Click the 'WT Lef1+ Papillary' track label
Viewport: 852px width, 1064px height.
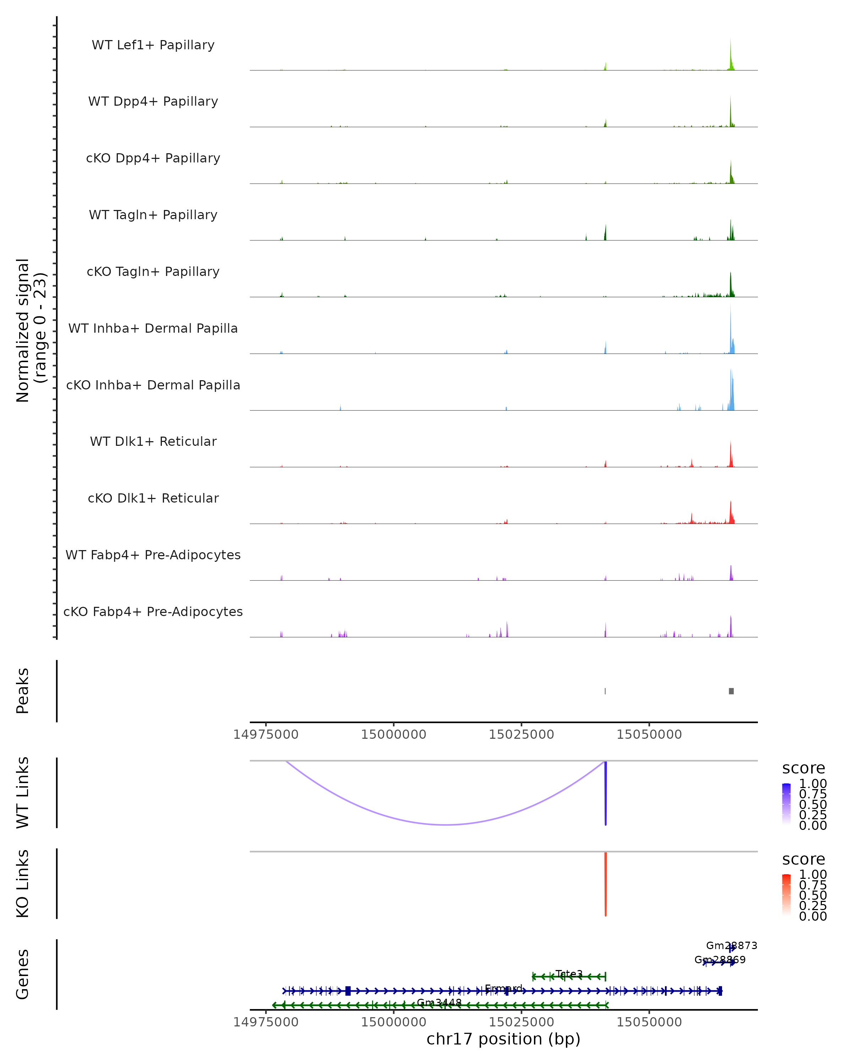coord(153,45)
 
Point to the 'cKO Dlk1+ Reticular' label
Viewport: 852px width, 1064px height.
coord(153,498)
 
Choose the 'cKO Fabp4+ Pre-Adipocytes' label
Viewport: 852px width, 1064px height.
coord(153,611)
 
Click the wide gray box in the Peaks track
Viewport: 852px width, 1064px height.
coord(732,691)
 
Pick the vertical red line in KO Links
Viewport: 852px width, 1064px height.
coord(606,884)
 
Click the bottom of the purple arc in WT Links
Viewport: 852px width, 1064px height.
coord(446,825)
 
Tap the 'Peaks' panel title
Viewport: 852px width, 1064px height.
coord(23,691)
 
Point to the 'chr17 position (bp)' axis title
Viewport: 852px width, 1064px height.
coord(503,1039)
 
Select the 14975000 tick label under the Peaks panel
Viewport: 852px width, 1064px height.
coord(266,735)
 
